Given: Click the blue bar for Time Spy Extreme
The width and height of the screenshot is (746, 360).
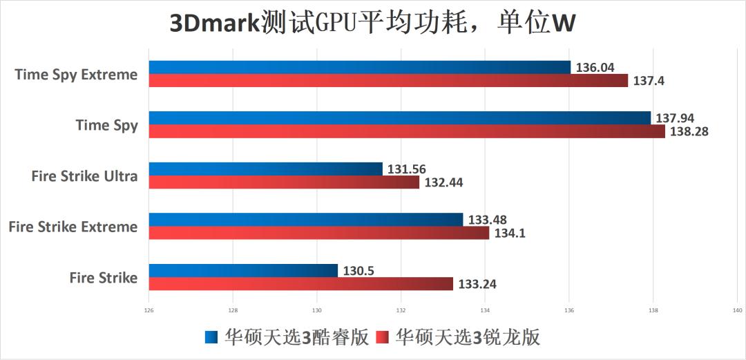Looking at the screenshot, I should (359, 67).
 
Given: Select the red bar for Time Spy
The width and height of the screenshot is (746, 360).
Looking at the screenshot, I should (407, 131).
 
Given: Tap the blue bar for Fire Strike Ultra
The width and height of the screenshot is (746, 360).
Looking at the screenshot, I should (265, 169).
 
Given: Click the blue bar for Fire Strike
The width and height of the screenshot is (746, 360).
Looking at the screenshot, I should (243, 270).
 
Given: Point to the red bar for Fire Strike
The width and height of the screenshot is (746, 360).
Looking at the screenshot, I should (301, 284).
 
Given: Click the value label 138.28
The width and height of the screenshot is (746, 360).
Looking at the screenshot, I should (687, 131).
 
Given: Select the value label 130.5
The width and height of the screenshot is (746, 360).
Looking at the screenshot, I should (358, 271).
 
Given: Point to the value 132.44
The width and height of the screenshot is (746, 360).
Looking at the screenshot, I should (443, 182).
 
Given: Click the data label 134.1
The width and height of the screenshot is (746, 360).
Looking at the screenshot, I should (509, 234).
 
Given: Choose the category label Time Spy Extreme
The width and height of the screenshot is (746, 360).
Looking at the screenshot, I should (76, 75).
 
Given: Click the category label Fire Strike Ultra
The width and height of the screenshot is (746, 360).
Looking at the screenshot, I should (84, 176).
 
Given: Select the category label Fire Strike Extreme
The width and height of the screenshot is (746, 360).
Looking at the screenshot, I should (73, 227).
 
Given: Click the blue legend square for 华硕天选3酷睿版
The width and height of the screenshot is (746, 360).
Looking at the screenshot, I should (211, 338).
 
